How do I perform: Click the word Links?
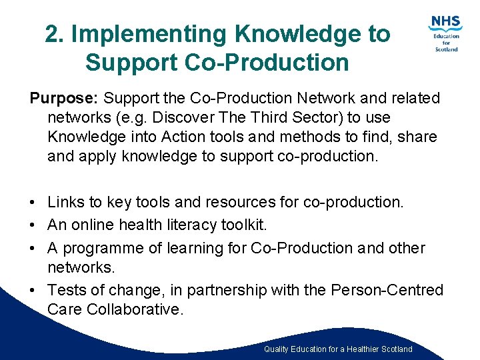[65, 201]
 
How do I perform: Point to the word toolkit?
[243, 225]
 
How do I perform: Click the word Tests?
[66, 290]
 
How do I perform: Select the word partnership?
[223, 290]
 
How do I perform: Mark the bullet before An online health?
[34, 225]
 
